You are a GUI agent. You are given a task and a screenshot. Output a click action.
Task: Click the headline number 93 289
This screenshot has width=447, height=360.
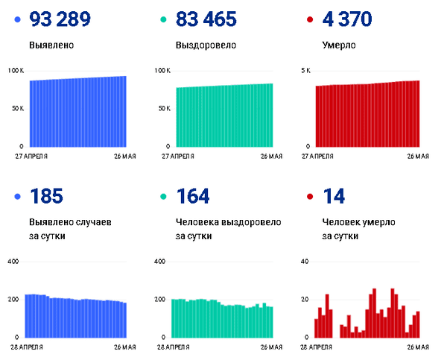pos(60,19)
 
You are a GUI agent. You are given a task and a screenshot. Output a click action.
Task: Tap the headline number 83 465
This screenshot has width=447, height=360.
pos(206,19)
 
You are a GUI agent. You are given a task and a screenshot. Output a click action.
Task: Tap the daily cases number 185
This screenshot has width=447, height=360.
pos(46,197)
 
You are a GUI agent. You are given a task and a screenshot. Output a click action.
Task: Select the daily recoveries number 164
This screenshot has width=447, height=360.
pos(192,197)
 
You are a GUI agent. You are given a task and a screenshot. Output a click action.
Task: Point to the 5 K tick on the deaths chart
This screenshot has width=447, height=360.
pos(305,71)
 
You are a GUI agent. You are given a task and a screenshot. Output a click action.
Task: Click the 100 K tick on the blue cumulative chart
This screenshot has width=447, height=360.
pos(16,71)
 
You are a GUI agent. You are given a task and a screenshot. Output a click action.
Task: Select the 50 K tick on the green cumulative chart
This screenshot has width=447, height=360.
pos(164,109)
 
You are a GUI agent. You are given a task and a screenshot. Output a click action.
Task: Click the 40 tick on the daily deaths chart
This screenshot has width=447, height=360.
pos(303,262)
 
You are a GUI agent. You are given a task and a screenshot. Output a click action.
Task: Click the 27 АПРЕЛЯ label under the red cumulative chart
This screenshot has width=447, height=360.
pos(325,157)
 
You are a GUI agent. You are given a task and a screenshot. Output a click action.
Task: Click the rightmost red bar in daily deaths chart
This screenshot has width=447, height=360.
pos(419,324)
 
